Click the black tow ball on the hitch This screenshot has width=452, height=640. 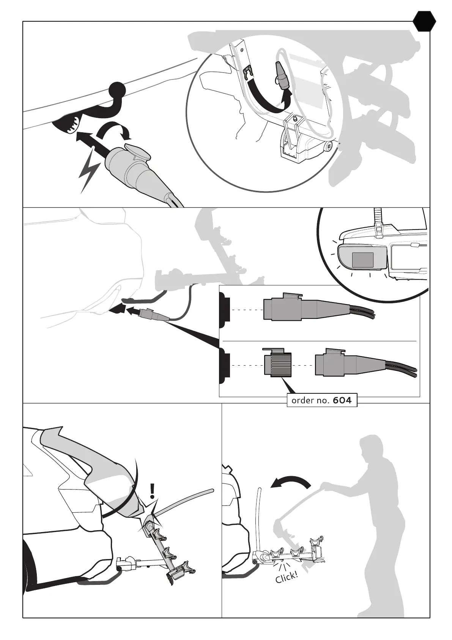pos(118,90)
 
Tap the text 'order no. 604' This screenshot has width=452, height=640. pos(321,400)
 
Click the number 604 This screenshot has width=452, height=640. pos(342,400)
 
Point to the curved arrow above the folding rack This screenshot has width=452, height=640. pos(290,483)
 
